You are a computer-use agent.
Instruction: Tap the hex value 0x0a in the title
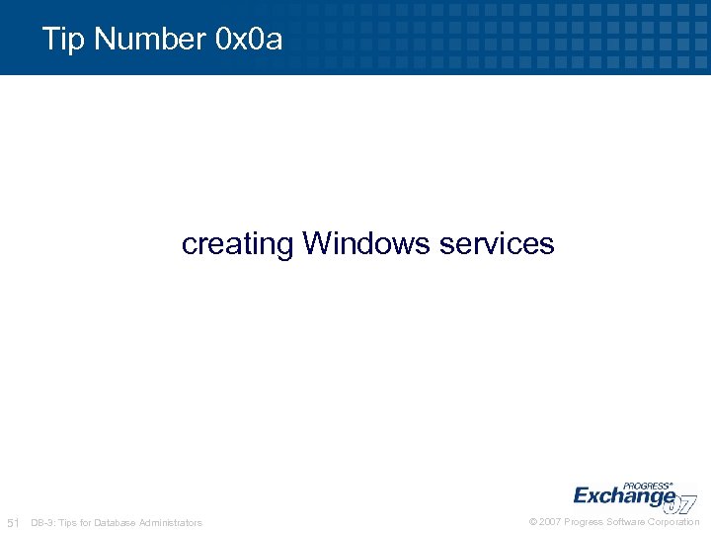[247, 40]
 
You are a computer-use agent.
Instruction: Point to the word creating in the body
[237, 243]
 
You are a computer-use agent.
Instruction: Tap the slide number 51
[14, 522]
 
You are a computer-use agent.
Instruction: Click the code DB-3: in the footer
[44, 522]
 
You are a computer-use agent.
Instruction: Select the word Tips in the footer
[70, 522]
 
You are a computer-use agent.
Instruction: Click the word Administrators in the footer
[171, 522]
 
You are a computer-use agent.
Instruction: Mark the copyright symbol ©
[533, 522]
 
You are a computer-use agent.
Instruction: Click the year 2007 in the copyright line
[550, 522]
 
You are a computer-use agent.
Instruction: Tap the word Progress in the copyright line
[584, 522]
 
